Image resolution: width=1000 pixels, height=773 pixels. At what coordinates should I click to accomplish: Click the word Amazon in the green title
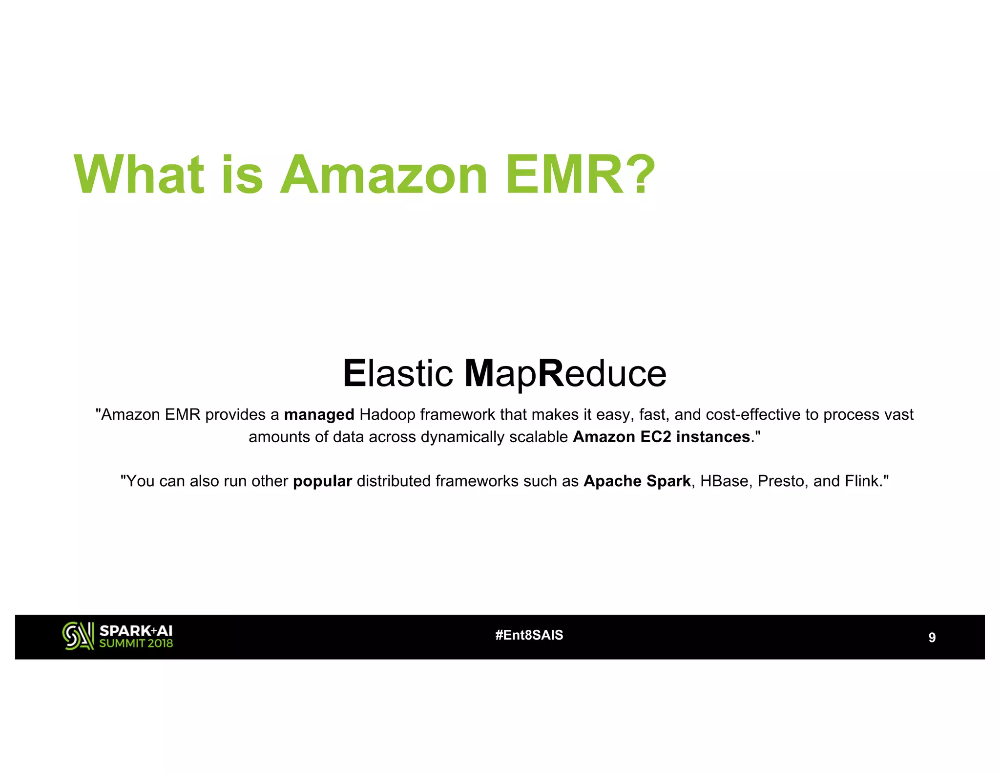click(383, 174)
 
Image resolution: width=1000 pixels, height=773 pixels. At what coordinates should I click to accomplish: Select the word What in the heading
click(139, 174)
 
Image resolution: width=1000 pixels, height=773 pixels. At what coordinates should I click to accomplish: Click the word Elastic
click(398, 374)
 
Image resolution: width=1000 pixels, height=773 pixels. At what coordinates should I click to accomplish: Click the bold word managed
click(319, 415)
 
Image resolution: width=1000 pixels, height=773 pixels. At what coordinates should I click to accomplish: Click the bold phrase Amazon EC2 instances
click(661, 437)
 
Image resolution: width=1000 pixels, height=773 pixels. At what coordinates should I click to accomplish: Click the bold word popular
click(322, 481)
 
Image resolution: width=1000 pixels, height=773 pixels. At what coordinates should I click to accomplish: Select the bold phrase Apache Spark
click(637, 481)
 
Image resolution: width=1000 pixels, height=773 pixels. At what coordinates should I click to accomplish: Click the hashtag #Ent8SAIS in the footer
click(529, 635)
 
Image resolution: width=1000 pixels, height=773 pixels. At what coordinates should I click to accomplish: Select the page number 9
click(932, 638)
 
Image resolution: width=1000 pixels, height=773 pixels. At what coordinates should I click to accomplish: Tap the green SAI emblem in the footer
click(78, 636)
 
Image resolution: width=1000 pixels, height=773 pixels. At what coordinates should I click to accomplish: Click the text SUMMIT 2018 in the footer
click(136, 644)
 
